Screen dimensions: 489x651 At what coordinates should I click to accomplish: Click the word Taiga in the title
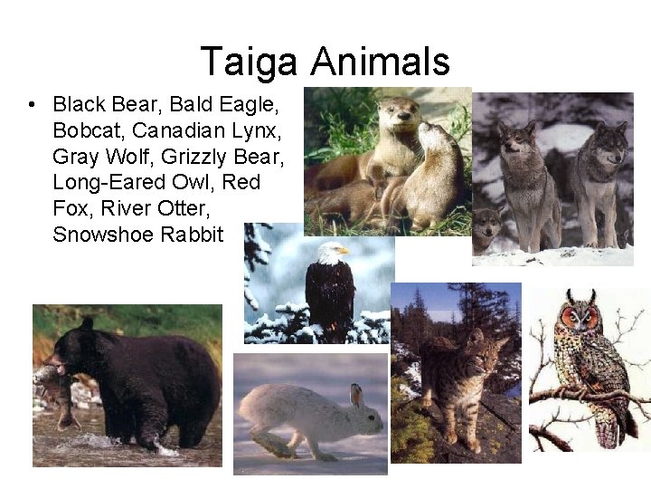tap(249, 62)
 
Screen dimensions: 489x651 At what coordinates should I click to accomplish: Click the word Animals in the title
tap(380, 62)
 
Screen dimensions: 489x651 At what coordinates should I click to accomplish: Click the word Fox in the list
tap(71, 208)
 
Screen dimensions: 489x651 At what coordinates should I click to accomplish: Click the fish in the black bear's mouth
tap(56, 389)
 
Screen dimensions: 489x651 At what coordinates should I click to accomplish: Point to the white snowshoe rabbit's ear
tap(355, 396)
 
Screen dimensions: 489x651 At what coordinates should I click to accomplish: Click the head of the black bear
tap(72, 348)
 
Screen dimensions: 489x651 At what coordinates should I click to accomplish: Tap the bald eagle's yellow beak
tap(343, 251)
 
